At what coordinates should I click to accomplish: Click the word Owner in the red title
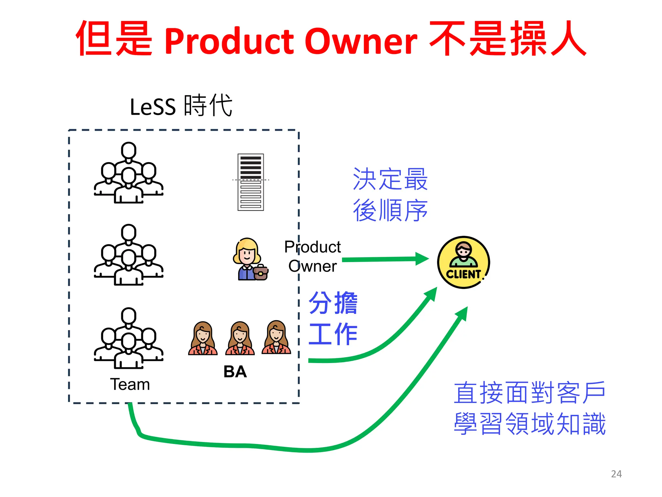(x=361, y=41)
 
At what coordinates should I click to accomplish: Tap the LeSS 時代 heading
(x=181, y=105)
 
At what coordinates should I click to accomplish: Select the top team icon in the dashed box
(x=129, y=173)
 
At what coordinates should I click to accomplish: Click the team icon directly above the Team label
(x=129, y=338)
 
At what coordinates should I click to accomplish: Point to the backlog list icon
(x=251, y=182)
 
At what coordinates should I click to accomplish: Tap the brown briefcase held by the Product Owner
(x=261, y=273)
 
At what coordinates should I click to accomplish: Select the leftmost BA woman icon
(x=203, y=338)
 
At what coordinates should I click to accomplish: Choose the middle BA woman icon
(x=240, y=338)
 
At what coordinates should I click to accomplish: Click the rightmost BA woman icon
(x=276, y=338)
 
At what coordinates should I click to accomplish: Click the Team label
(x=130, y=384)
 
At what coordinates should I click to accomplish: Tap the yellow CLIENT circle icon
(x=463, y=262)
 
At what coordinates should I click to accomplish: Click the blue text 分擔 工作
(x=333, y=318)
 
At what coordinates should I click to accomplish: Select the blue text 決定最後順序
(x=390, y=194)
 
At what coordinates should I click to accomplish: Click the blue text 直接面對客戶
(x=529, y=392)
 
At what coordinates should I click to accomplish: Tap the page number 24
(x=616, y=474)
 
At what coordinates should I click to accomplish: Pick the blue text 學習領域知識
(x=529, y=424)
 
